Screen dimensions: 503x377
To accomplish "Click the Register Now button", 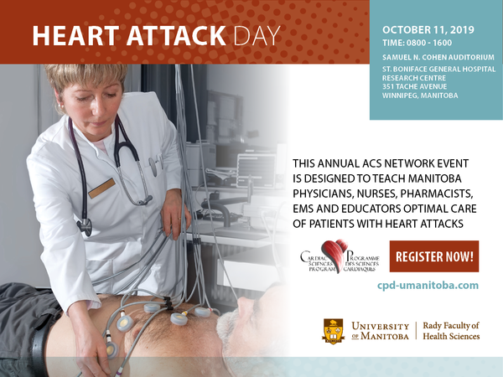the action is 434,256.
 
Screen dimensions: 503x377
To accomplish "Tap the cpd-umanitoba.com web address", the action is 428,286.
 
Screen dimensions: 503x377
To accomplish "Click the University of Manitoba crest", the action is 334,332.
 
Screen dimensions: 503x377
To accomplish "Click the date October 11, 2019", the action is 428,30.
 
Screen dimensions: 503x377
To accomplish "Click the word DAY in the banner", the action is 257,35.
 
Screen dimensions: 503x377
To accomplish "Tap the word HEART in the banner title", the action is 75,35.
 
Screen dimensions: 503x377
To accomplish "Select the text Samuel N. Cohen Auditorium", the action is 438,57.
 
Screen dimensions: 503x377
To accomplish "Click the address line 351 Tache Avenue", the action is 414,86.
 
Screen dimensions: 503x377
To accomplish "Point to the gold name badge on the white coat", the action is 101,188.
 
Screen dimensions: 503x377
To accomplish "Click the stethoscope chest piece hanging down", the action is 85,226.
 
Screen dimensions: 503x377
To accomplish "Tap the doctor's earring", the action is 60,106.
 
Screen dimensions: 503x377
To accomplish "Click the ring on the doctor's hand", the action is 179,219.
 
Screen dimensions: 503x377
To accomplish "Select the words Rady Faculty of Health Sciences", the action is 451,331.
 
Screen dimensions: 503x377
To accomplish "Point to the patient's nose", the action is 245,303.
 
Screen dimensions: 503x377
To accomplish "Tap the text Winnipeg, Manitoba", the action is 420,96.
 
